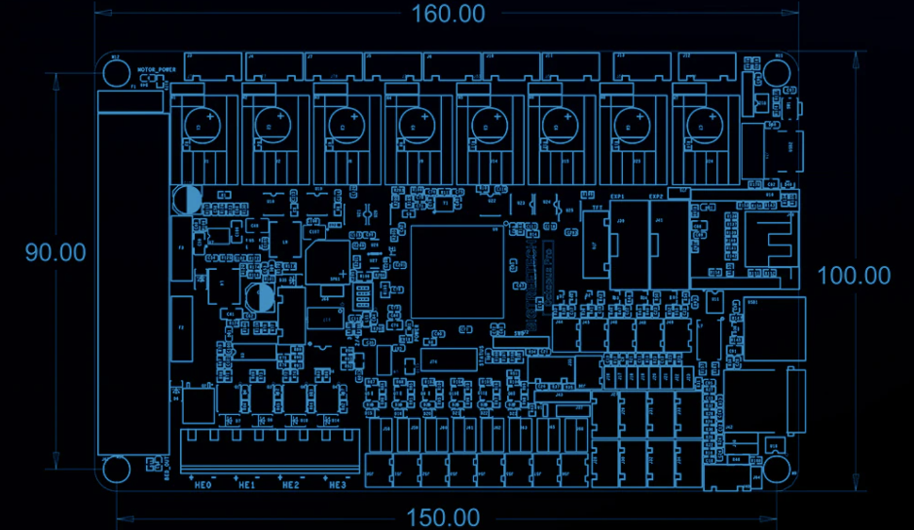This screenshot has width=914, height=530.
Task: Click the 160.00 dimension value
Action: point(448,14)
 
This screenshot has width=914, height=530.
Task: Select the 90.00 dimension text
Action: point(55,252)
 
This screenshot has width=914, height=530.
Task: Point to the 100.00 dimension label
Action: point(854,276)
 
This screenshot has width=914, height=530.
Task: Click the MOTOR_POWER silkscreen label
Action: point(156,70)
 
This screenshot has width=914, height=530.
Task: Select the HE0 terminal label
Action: point(203,484)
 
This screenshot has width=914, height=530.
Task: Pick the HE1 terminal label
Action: point(246,484)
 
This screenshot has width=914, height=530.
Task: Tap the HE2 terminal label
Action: point(290,484)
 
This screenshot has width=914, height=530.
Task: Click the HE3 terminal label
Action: point(337,484)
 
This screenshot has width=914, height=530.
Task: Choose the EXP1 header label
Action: point(617,196)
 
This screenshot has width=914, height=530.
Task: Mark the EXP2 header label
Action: point(657,196)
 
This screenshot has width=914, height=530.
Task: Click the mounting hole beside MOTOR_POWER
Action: point(115,74)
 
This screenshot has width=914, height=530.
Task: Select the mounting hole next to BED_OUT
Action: point(115,470)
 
